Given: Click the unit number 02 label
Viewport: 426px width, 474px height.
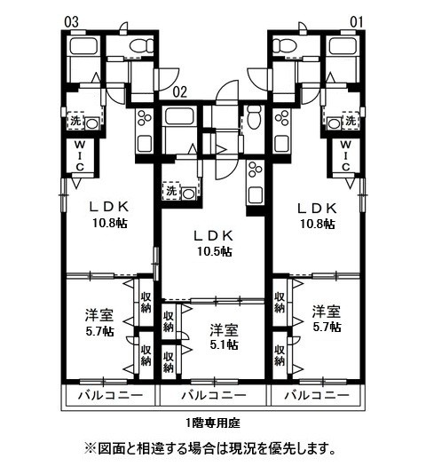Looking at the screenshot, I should click(178, 90).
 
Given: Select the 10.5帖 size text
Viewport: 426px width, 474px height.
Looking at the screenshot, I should click(214, 251).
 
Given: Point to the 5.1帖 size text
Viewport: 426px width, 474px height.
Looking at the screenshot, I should click(223, 345).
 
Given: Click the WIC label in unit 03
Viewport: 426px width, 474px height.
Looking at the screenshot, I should click(79, 154).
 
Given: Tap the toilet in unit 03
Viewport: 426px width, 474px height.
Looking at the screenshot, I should click(139, 47).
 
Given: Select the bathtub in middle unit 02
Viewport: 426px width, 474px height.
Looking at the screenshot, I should click(180, 118).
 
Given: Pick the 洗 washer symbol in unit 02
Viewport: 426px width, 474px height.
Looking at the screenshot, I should click(170, 191).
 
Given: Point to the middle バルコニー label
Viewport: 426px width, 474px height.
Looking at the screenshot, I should click(212, 395).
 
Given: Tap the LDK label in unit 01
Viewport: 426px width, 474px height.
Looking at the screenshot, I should click(317, 208).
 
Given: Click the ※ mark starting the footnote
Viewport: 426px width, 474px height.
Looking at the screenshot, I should click(90, 449).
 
